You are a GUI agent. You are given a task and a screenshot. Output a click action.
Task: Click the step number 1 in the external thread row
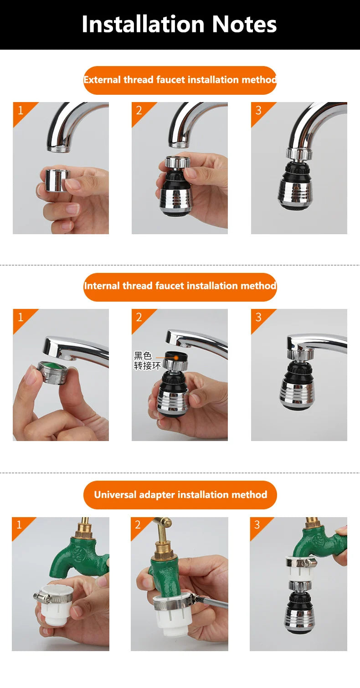pos(21,110)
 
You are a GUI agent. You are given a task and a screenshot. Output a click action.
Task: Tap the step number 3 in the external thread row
pos(259,110)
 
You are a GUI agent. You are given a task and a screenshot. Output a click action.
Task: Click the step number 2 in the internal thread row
pos(139,317)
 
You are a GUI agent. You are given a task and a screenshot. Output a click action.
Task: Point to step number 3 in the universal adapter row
pos(257,525)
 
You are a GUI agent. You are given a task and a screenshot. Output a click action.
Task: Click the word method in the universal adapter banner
pos(249,495)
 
